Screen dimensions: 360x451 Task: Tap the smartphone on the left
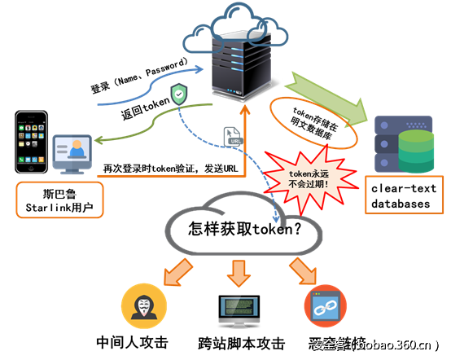pos(31,143)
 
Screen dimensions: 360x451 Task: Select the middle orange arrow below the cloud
pos(239,272)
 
